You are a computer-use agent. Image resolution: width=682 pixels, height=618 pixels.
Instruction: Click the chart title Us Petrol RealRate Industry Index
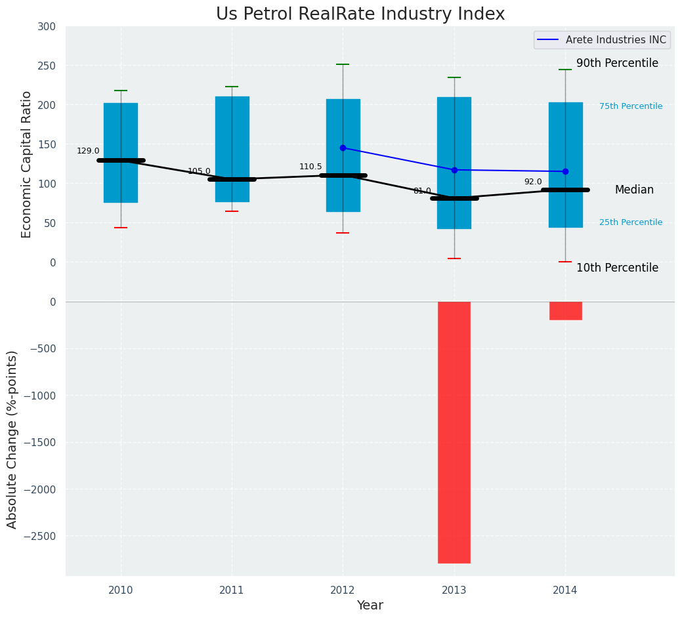coord(360,14)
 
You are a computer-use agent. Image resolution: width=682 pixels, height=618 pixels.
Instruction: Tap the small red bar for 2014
coord(565,311)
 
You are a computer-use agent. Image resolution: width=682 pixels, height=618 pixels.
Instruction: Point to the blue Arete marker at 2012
coord(343,148)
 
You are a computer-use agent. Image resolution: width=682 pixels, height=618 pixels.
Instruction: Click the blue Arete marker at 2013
coord(454,170)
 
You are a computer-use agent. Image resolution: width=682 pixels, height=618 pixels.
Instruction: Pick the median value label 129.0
coord(88,151)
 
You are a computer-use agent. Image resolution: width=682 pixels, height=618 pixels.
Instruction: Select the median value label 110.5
coord(310,167)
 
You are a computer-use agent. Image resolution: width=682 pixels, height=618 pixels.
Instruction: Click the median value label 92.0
coord(533,182)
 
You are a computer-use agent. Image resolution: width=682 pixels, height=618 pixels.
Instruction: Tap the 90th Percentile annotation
coord(617,63)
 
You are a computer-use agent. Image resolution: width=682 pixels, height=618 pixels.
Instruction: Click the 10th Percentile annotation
coord(617,268)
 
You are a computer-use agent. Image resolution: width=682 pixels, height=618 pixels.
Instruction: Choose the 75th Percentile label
coord(631,106)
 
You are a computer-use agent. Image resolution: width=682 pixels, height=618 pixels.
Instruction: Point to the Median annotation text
coord(634,190)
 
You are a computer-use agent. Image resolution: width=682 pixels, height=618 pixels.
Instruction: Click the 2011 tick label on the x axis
coord(232,590)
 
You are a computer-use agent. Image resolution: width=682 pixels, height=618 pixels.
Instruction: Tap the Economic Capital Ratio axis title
coord(26,164)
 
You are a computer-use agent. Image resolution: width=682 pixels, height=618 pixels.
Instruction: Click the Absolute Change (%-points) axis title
coord(12,439)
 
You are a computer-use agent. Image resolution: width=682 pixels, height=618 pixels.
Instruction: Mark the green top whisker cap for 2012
coord(343,64)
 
